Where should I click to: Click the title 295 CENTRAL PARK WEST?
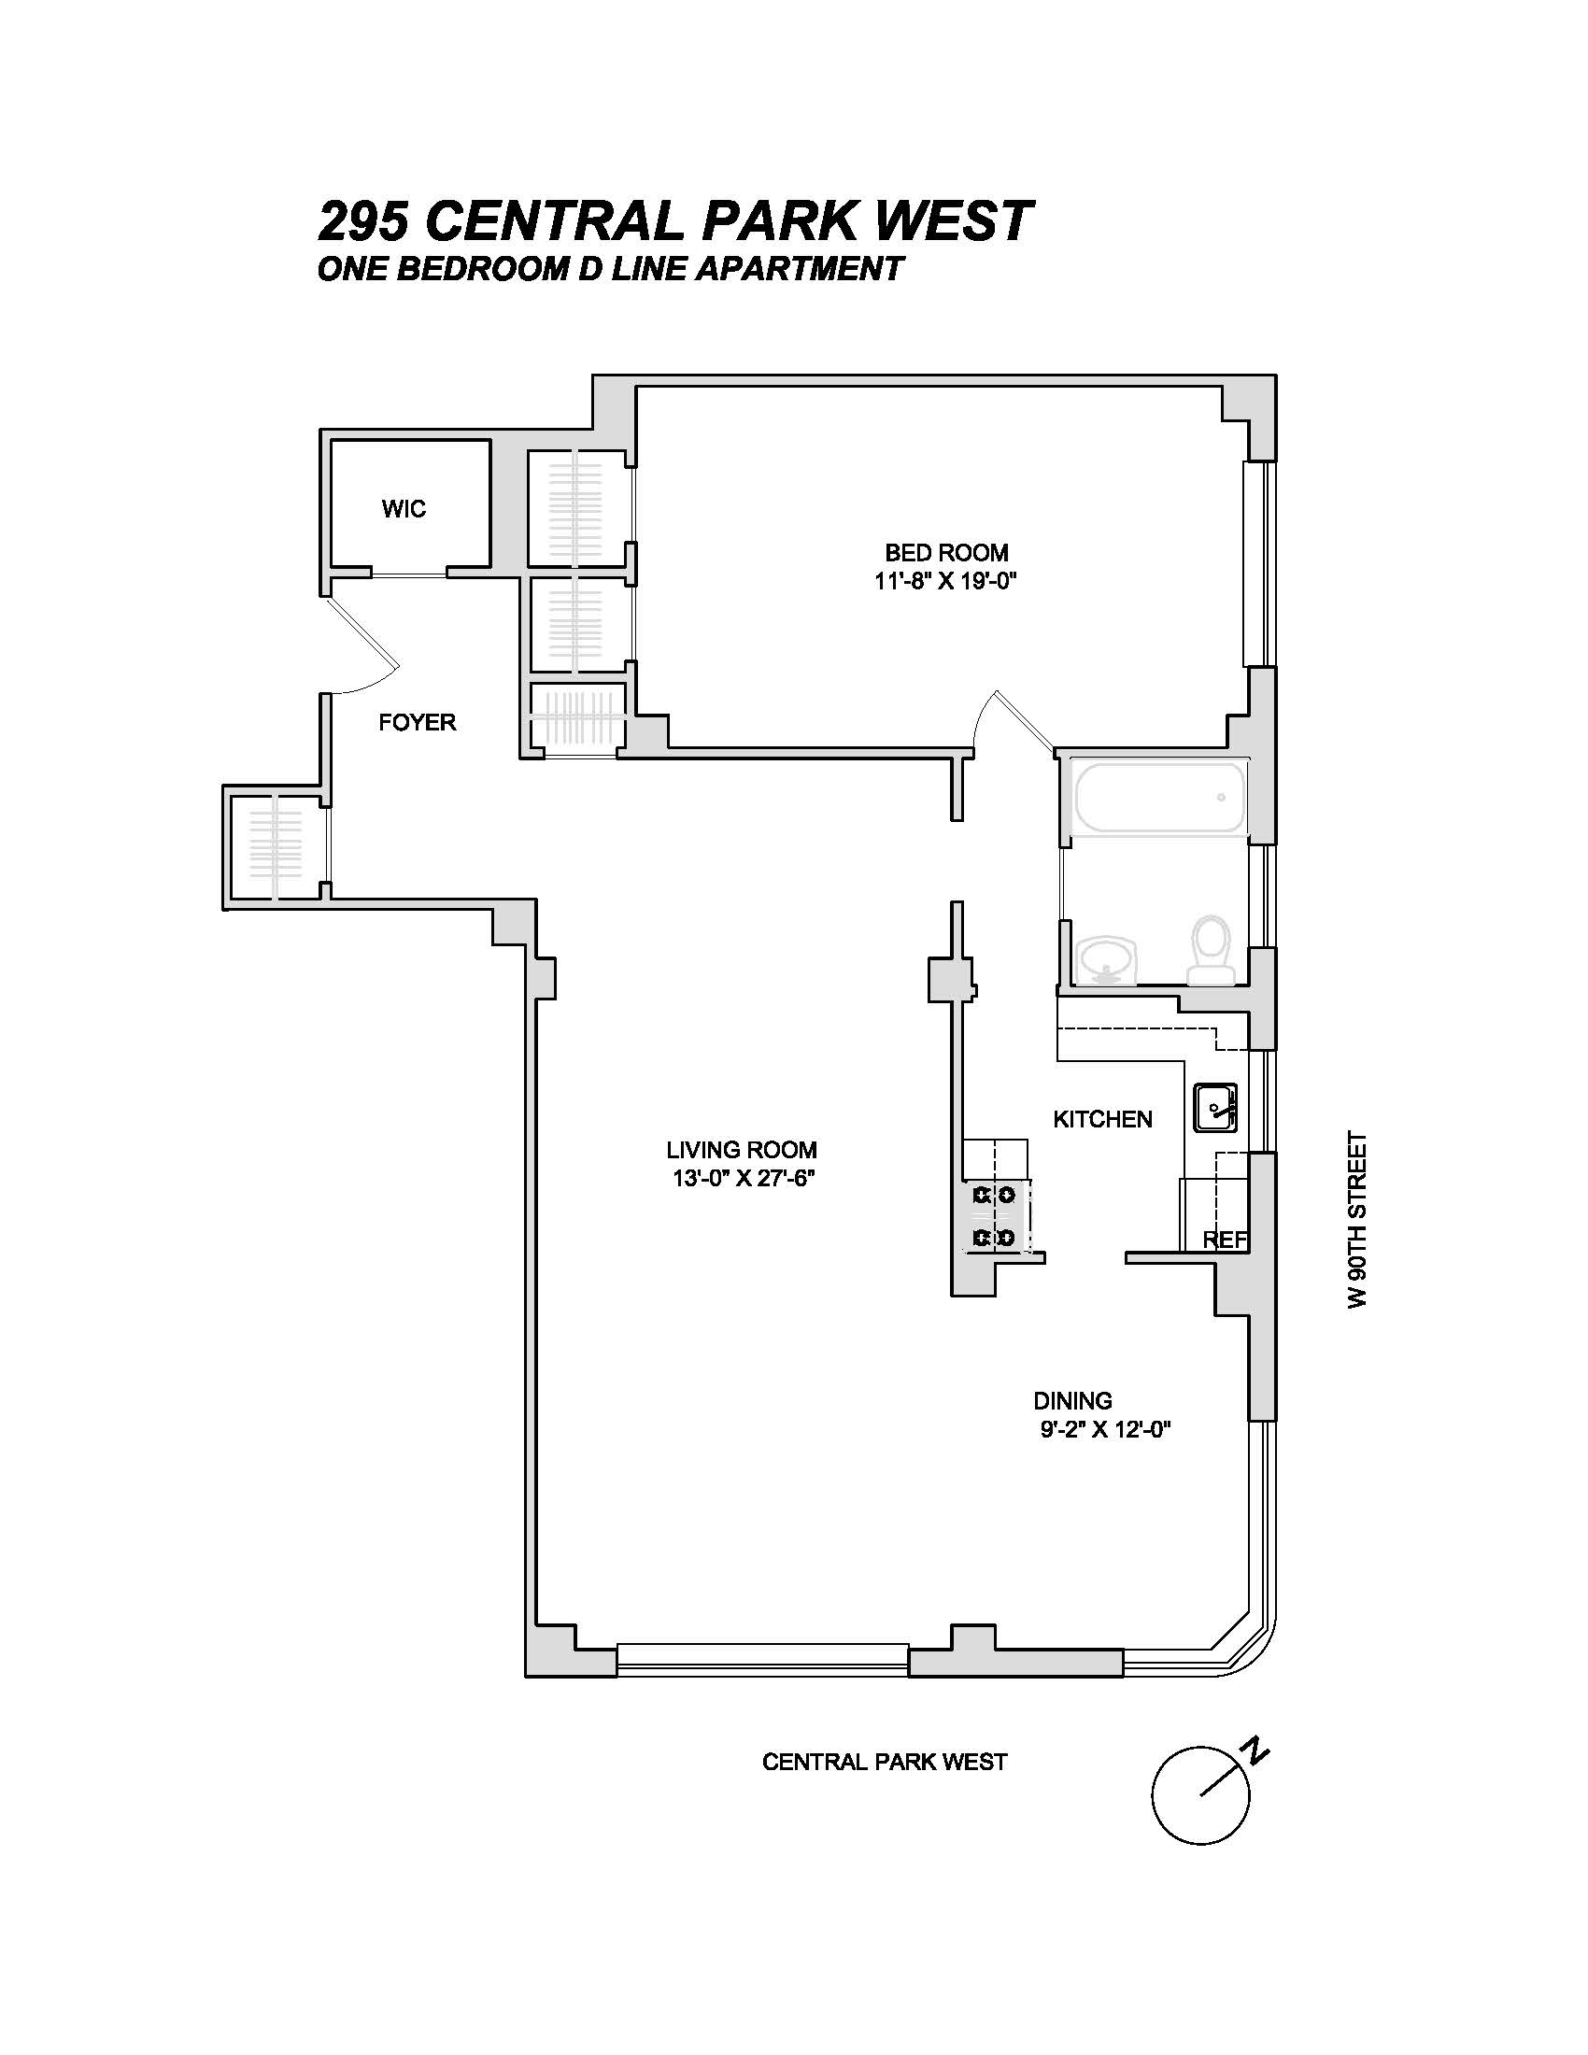tap(675, 222)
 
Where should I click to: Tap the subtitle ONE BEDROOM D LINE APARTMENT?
tap(610, 269)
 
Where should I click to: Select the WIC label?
tap(404, 509)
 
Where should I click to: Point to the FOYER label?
tap(417, 722)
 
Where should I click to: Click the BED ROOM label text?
tap(945, 552)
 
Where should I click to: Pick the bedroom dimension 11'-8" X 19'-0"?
tap(945, 582)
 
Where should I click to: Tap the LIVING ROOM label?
tap(742, 1149)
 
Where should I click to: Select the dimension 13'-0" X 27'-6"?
tap(742, 1178)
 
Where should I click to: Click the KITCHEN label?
tap(1101, 1119)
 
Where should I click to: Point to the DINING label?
tap(1072, 1426)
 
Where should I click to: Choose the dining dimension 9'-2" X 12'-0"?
tap(1104, 1456)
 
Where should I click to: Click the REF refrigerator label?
tap(1225, 1240)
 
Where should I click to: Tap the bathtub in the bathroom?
tap(1160, 797)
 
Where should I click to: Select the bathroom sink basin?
tap(1107, 960)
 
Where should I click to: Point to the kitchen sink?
tap(1215, 1108)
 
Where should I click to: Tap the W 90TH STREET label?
tap(1355, 1218)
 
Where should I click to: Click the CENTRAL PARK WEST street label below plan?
tap(884, 1762)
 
